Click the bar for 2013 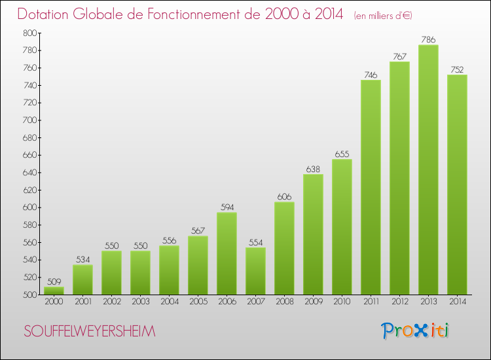428,170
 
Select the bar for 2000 54,291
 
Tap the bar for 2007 255,271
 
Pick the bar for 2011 371,187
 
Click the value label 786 428,40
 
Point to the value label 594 227,207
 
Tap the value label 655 342,154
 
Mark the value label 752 457,70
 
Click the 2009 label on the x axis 313,302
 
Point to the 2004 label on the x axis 169,302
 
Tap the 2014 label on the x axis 457,302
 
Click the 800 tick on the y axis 30,33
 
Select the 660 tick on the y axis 30,155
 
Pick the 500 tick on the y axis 30,295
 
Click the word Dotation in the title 46,14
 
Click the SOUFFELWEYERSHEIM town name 90,332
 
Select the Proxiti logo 416,331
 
